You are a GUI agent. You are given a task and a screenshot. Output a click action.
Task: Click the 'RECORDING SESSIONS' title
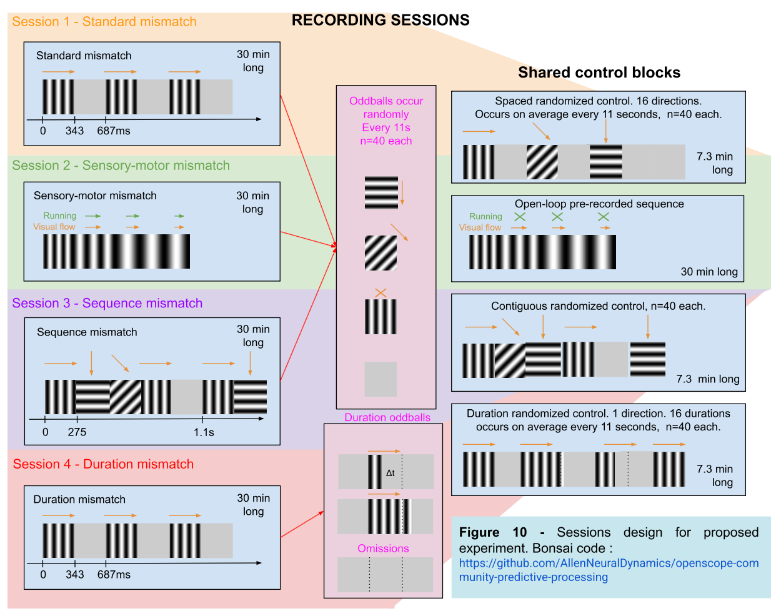pyautogui.click(x=381, y=20)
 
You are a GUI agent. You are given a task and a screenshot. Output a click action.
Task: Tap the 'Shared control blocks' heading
pyautogui.click(x=599, y=72)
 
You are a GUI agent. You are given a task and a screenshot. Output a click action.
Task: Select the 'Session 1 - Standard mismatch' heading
pyautogui.click(x=104, y=22)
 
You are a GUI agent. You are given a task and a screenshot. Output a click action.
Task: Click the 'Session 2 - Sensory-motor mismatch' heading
pyautogui.click(x=121, y=166)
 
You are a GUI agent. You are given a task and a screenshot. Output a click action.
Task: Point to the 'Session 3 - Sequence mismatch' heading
pyautogui.click(x=107, y=304)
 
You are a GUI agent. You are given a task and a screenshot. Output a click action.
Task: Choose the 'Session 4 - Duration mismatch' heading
pyautogui.click(x=103, y=464)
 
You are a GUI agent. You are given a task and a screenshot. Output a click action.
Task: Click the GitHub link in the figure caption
pyautogui.click(x=609, y=570)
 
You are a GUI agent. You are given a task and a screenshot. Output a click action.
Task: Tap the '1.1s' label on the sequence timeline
pyautogui.click(x=204, y=432)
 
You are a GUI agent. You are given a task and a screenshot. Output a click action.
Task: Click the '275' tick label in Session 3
pyautogui.click(x=77, y=432)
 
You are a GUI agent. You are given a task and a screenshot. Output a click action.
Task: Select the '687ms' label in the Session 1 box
pyautogui.click(x=114, y=131)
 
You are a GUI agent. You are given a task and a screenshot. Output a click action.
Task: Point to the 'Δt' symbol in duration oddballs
pyautogui.click(x=390, y=473)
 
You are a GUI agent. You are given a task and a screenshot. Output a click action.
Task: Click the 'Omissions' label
pyautogui.click(x=383, y=549)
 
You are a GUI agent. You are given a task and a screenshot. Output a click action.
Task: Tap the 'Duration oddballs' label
pyautogui.click(x=387, y=417)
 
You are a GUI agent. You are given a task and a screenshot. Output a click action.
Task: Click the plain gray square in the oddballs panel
pyautogui.click(x=381, y=379)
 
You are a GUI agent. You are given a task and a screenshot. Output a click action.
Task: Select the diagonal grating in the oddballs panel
pyautogui.click(x=381, y=253)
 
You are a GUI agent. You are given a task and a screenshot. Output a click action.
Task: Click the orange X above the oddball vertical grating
pyautogui.click(x=381, y=292)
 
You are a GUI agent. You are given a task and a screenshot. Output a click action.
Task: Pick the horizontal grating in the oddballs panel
pyautogui.click(x=381, y=192)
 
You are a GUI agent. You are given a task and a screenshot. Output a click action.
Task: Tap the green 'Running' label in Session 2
pyautogui.click(x=59, y=216)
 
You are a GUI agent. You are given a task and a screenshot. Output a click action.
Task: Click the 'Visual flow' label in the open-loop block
pyautogui.click(x=480, y=227)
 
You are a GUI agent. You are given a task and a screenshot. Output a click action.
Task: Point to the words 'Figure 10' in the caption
pyautogui.click(x=493, y=532)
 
